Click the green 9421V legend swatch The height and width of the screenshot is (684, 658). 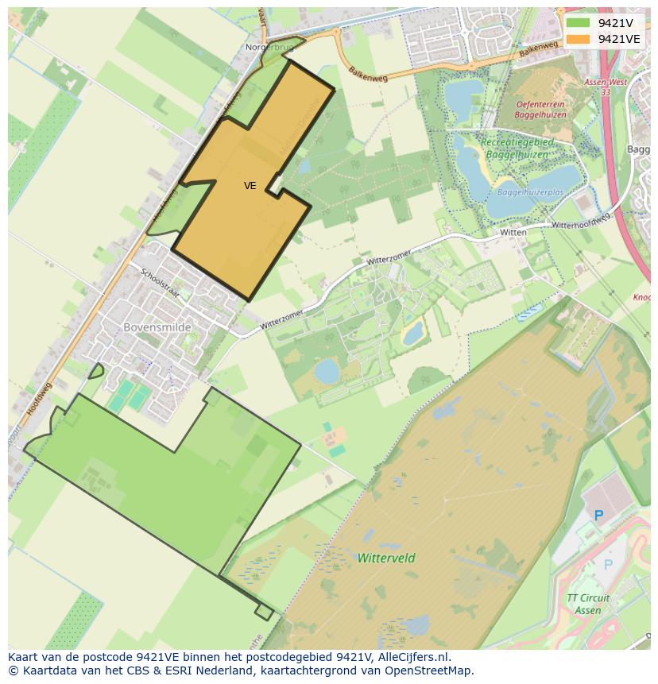point(578,23)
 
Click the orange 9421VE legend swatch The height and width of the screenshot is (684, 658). point(578,39)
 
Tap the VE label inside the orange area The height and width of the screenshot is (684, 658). point(250,186)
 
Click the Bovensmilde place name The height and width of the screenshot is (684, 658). point(159,327)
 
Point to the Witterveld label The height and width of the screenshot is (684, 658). point(386,558)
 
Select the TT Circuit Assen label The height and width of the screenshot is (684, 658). point(589,604)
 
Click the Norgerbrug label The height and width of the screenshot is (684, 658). point(269,48)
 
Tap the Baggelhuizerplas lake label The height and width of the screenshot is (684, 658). point(530,192)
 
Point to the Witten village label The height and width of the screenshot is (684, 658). point(513,233)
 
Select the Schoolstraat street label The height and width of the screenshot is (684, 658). point(160,284)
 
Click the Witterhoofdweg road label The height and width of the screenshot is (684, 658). point(580,222)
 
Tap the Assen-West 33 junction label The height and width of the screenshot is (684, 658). point(606,87)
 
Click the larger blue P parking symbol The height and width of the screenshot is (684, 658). point(599,516)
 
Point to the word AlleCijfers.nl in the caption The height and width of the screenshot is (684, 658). point(412,657)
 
